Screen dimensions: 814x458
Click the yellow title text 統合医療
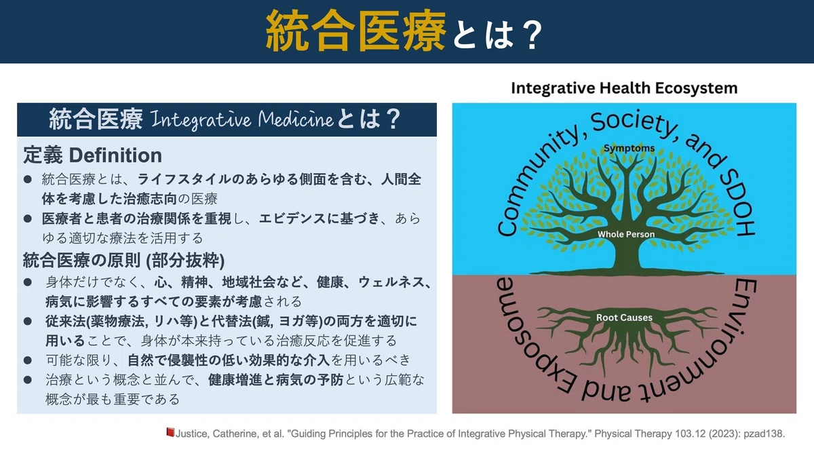click(x=355, y=31)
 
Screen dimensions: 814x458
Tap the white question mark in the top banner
click(x=531, y=35)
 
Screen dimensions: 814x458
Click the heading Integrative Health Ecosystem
click(x=624, y=88)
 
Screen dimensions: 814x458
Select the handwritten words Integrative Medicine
click(x=241, y=119)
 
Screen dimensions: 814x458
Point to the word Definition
click(x=115, y=155)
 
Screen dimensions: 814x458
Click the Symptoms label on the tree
click(x=629, y=149)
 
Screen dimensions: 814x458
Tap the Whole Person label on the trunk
click(x=625, y=234)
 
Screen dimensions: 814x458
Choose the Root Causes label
click(x=624, y=318)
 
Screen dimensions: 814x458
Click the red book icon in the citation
click(x=170, y=432)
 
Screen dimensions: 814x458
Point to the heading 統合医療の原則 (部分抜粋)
click(x=123, y=260)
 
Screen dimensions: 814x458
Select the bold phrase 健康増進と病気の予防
click(x=275, y=380)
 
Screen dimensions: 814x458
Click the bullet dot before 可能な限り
click(x=28, y=360)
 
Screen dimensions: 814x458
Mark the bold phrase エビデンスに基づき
click(x=319, y=218)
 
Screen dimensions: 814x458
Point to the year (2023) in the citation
click(x=723, y=434)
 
